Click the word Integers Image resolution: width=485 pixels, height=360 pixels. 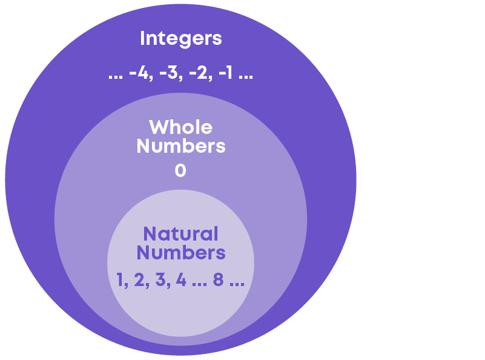(180, 39)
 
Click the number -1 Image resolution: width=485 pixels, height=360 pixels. (226, 75)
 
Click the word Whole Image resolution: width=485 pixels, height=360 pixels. (180, 127)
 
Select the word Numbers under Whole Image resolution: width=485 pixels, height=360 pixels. (180, 146)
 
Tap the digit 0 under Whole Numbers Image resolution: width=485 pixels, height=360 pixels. (180, 171)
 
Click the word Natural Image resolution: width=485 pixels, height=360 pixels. (180, 233)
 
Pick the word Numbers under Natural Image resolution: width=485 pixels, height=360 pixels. (180, 252)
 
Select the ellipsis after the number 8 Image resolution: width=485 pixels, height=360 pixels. (237, 284)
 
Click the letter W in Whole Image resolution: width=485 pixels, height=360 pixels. (159, 127)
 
